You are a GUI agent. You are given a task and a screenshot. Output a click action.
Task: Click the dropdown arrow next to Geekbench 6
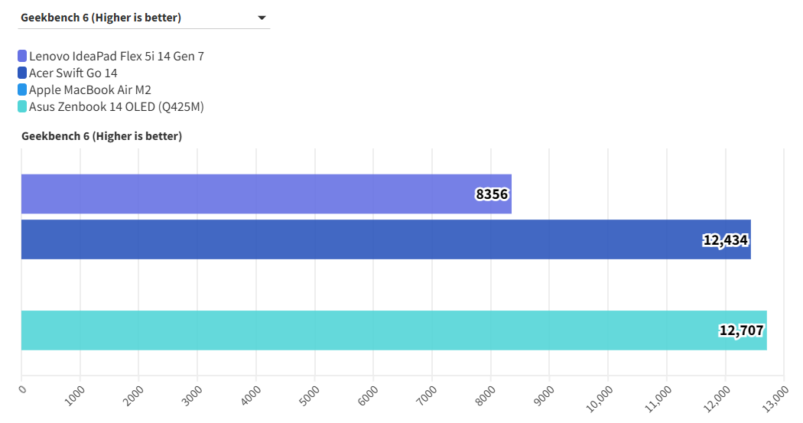tap(262, 18)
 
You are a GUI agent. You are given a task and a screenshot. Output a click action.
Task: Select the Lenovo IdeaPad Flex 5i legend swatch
tap(22, 56)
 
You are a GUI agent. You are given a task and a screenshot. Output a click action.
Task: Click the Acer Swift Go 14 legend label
tap(73, 73)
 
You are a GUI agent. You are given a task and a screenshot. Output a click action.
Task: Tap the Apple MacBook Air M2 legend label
tap(90, 89)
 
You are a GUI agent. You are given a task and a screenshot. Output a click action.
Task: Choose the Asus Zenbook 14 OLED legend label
tap(116, 106)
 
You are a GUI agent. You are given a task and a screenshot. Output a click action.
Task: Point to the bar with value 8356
tap(245, 194)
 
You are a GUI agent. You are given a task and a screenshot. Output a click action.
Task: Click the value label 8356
tap(492, 194)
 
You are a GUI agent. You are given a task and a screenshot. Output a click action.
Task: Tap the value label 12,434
tap(725, 240)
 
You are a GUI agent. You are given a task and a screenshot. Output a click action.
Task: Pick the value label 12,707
tap(741, 331)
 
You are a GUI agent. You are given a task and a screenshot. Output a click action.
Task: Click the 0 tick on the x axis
tap(22, 389)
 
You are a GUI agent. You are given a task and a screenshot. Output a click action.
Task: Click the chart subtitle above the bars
tap(102, 136)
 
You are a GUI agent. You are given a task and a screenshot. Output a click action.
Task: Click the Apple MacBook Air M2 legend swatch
tap(22, 89)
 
